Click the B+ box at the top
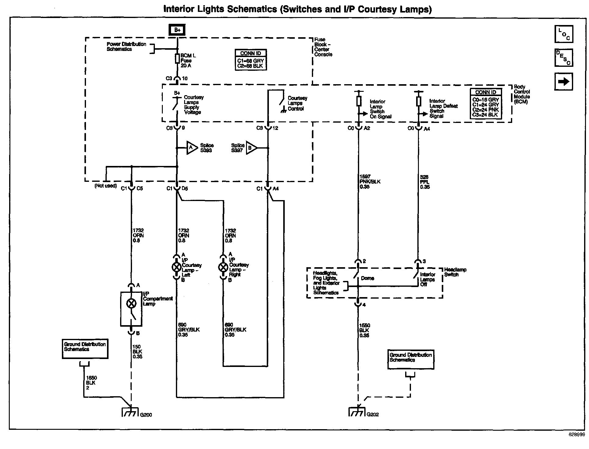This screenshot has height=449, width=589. [x=177, y=30]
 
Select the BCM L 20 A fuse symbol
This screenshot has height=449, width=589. [x=177, y=59]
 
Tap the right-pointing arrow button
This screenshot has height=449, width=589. [x=564, y=81]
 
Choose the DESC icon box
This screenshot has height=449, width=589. [x=564, y=58]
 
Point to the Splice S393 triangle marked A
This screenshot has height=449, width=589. [x=192, y=148]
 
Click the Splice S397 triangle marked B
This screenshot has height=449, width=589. [x=252, y=148]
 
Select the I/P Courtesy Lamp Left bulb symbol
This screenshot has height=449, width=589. [x=177, y=267]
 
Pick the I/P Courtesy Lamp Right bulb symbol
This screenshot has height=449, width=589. [x=223, y=267]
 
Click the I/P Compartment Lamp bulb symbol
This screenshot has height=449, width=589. [x=131, y=303]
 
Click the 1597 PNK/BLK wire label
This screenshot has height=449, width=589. [x=370, y=181]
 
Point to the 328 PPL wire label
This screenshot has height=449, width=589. [x=425, y=182]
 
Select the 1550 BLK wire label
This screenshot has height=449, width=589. [x=365, y=330]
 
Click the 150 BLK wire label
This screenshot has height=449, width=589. [x=137, y=352]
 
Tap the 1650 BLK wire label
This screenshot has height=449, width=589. [x=91, y=383]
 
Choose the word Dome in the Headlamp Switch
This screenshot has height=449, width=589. [x=367, y=278]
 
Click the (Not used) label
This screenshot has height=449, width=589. [x=105, y=186]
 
